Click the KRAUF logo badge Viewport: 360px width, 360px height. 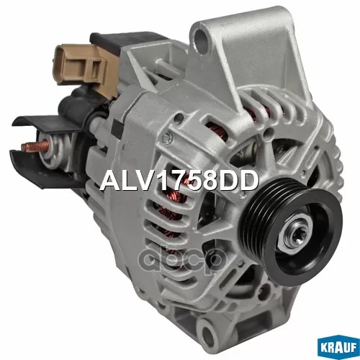coord(338,348)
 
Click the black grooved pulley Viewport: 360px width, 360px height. coord(291,228)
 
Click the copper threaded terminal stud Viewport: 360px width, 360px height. coord(35,145)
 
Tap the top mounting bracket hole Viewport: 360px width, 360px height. coord(201,38)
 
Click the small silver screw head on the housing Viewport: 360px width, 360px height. coord(166,138)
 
